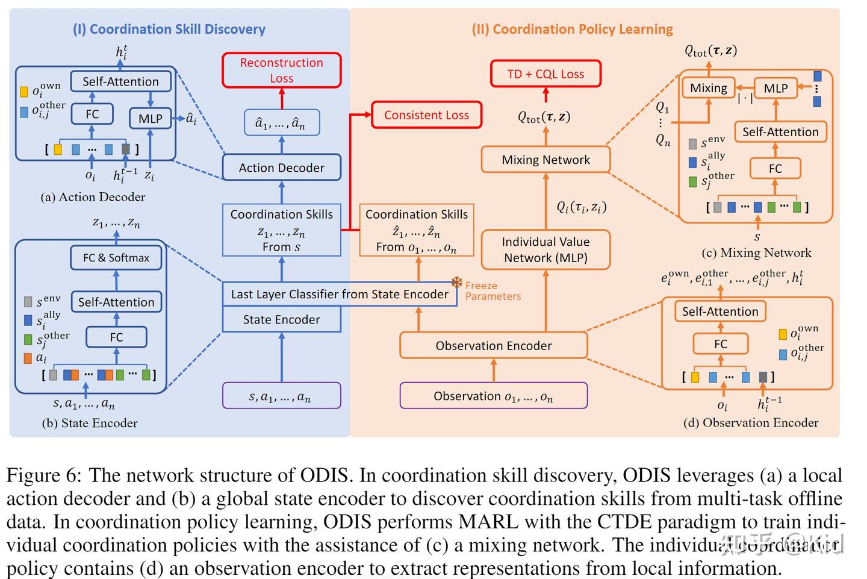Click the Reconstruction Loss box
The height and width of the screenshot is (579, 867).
(x=281, y=70)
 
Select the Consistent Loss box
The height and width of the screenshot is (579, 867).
(x=426, y=115)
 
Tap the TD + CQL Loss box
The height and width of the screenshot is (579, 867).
(x=545, y=74)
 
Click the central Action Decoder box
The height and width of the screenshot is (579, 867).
(x=281, y=167)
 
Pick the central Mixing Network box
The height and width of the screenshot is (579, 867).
(x=545, y=160)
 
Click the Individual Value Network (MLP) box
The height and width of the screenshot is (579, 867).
(x=545, y=249)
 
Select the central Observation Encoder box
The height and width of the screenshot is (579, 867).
(x=493, y=345)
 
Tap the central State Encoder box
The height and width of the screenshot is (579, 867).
(x=281, y=319)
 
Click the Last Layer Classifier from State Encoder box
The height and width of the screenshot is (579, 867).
(x=340, y=294)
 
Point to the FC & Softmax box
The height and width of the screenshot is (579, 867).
(x=116, y=258)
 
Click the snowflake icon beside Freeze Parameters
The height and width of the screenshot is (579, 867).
(x=457, y=283)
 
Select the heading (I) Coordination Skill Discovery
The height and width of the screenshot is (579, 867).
(x=169, y=29)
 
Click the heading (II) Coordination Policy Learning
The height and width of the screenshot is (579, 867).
(x=573, y=29)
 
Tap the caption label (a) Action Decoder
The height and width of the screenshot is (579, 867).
(x=93, y=197)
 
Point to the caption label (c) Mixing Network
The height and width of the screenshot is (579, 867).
(x=756, y=253)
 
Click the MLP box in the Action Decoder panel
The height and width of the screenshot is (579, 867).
(x=150, y=119)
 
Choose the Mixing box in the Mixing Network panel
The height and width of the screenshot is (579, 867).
(x=708, y=88)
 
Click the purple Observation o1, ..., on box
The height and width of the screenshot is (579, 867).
(x=493, y=396)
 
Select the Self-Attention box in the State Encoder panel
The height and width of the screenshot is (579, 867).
(x=116, y=302)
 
